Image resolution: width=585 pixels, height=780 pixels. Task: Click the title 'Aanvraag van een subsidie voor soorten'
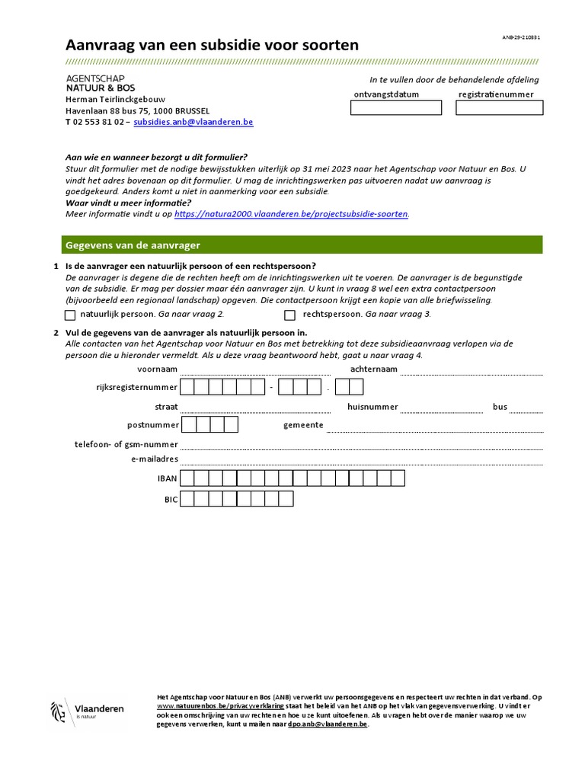[x=212, y=45]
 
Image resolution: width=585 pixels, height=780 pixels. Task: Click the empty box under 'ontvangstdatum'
[x=395, y=108]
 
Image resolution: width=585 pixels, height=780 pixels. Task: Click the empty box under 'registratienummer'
[x=499, y=108]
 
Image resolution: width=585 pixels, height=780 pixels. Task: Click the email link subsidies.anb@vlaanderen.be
[x=193, y=122]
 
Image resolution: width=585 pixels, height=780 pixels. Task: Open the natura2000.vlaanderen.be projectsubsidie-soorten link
[x=292, y=214]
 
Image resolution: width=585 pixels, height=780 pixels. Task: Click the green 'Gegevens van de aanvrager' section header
[x=302, y=245]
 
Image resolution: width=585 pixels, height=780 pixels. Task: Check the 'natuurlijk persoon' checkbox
[x=70, y=315]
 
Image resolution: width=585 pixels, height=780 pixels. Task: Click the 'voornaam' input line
[x=256, y=371]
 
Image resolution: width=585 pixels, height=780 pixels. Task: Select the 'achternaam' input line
[x=472, y=371]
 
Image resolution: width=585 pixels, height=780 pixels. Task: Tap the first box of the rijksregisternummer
[x=187, y=388]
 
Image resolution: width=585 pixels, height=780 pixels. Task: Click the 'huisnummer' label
[x=372, y=407]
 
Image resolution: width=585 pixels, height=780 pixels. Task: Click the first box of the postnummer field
[x=187, y=425]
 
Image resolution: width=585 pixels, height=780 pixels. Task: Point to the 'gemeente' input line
[x=435, y=427]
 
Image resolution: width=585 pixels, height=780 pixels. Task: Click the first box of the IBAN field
[x=187, y=478]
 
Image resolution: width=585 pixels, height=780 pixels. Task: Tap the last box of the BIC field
[x=286, y=500]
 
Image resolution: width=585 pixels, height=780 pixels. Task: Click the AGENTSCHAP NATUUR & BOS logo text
[x=95, y=83]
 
